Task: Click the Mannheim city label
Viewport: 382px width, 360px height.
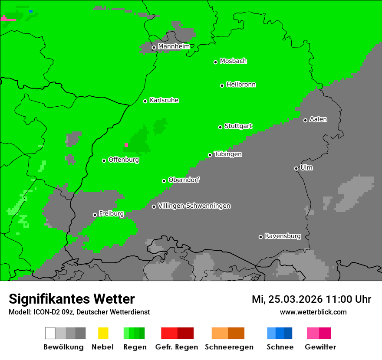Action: (174, 46)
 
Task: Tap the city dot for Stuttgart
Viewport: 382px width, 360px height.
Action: (221, 127)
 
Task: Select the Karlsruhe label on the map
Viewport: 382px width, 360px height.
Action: (164, 100)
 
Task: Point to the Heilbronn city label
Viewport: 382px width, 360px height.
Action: (241, 85)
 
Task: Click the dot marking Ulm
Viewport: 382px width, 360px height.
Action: (296, 168)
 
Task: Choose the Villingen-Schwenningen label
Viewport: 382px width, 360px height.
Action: (194, 206)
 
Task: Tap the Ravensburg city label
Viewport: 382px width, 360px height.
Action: (283, 236)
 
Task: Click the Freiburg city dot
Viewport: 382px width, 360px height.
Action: (95, 215)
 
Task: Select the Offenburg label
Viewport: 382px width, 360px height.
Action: (124, 160)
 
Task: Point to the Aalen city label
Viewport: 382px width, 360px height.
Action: (318, 119)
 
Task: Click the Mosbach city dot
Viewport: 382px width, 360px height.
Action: (216, 62)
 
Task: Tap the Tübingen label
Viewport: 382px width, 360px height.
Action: (228, 154)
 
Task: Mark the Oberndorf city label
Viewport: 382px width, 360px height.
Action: (184, 180)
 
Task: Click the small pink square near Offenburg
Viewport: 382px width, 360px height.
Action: (127, 145)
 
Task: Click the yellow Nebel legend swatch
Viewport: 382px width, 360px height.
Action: (103, 333)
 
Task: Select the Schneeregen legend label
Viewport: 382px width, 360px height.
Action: (229, 347)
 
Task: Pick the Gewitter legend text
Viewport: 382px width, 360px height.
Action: (320, 347)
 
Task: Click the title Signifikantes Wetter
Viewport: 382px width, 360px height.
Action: (72, 299)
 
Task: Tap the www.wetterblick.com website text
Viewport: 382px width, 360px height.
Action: (313, 312)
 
